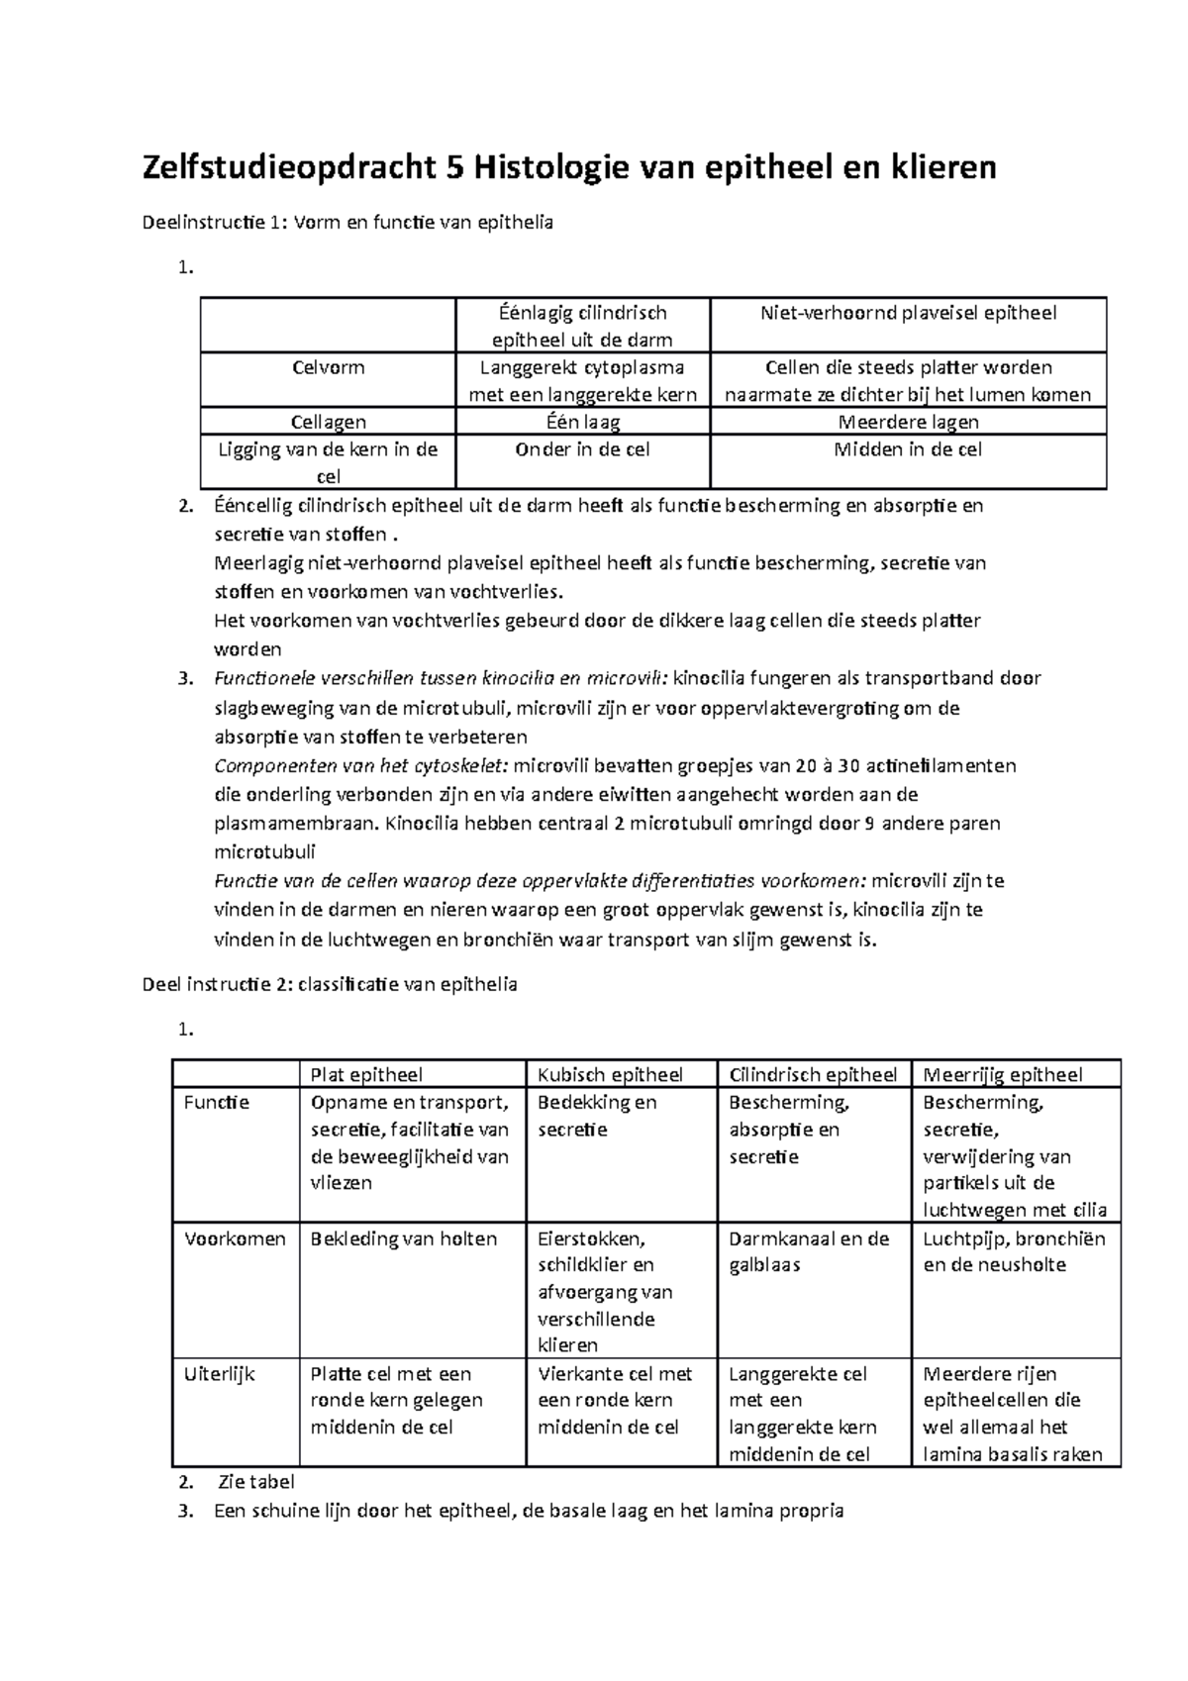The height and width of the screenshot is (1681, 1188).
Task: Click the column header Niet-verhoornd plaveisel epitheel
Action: (908, 314)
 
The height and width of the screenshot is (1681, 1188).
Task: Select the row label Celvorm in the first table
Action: (328, 368)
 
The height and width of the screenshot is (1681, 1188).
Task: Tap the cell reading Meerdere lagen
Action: (908, 422)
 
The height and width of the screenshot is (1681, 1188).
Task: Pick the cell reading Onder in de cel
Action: (582, 449)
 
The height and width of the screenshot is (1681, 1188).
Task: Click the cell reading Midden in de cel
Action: (908, 449)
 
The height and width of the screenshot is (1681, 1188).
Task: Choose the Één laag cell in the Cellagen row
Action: (582, 422)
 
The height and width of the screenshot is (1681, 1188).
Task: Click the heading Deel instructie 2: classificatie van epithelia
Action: (330, 985)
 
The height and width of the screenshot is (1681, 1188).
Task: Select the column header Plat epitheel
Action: (366, 1075)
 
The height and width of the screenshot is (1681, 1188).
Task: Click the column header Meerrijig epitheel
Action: (1002, 1075)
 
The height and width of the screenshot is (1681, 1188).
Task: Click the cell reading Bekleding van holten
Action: (404, 1239)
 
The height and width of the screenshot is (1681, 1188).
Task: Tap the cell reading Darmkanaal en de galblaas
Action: (808, 1252)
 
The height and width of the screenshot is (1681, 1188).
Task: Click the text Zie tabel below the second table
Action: (257, 1483)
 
